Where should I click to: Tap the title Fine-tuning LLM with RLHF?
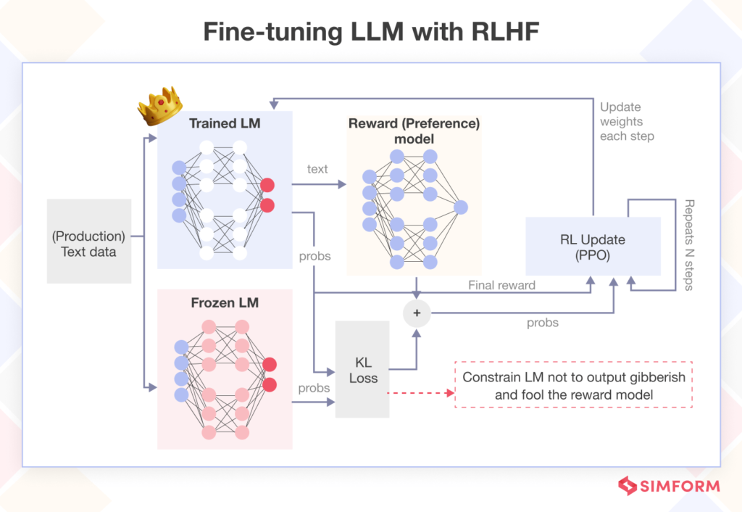(371, 32)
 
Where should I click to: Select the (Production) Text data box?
(88, 244)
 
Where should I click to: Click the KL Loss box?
(362, 369)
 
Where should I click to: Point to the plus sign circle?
(417, 313)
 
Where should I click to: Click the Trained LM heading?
(225, 123)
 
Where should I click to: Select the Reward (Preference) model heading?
(414, 131)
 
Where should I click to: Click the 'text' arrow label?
(317, 169)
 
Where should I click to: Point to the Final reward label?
(501, 285)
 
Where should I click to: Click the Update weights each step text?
(627, 122)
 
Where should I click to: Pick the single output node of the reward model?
(460, 208)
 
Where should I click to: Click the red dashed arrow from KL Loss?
(420, 393)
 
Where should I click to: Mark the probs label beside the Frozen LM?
(314, 388)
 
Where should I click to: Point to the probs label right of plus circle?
(542, 323)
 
